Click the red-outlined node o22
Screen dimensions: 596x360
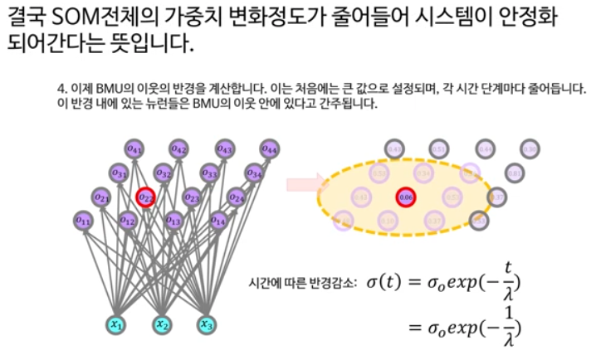tap(146, 197)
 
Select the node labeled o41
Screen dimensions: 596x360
tap(133, 148)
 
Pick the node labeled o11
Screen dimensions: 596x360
tap(83, 221)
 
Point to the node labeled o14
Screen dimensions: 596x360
tap(218, 221)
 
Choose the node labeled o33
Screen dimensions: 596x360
tap(209, 173)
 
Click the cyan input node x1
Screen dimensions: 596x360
tap(117, 324)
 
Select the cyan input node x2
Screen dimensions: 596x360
tap(162, 324)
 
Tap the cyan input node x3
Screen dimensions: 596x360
tap(206, 324)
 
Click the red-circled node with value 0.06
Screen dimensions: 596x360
tap(406, 197)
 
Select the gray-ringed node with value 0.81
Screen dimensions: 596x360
tap(514, 173)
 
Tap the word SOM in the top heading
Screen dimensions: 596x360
tap(79, 17)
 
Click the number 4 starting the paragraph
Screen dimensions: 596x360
tap(60, 87)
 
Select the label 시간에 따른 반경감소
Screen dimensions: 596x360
tap(303, 282)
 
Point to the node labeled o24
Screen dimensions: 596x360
tap(237, 197)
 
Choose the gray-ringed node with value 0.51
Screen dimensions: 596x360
tap(439, 149)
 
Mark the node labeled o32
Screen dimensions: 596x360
tap(164, 173)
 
